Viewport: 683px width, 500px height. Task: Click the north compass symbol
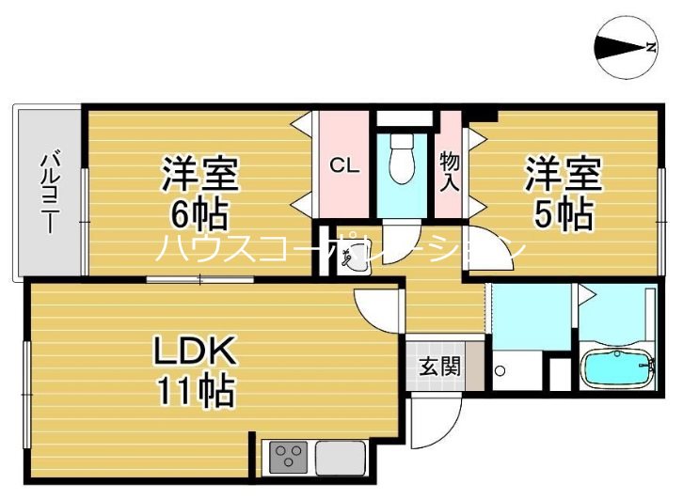coord(625,48)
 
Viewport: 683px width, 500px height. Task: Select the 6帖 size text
coord(199,215)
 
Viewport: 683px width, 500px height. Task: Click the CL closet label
coord(343,165)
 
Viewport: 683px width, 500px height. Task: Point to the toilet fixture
coord(404,161)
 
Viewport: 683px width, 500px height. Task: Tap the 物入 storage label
coord(450,170)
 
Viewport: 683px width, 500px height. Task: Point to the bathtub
coord(616,367)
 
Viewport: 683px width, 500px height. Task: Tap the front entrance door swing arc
coord(438,422)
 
